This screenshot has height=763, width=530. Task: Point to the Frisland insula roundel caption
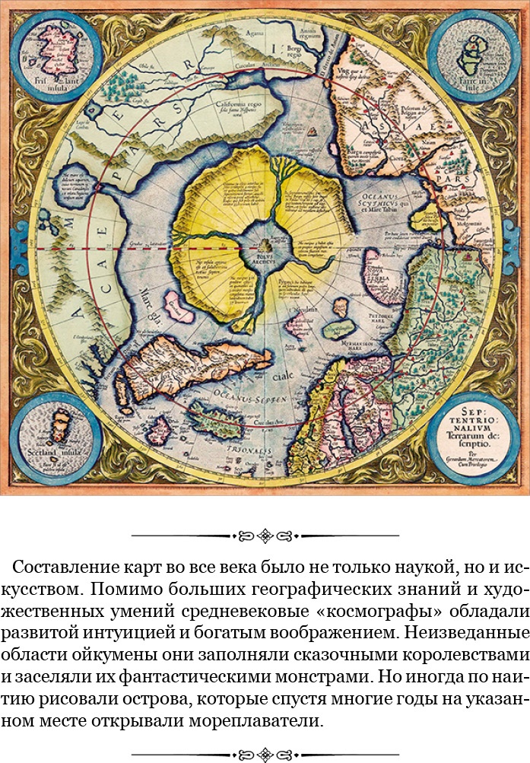coord(49,79)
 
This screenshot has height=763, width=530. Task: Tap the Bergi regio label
coord(303,52)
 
